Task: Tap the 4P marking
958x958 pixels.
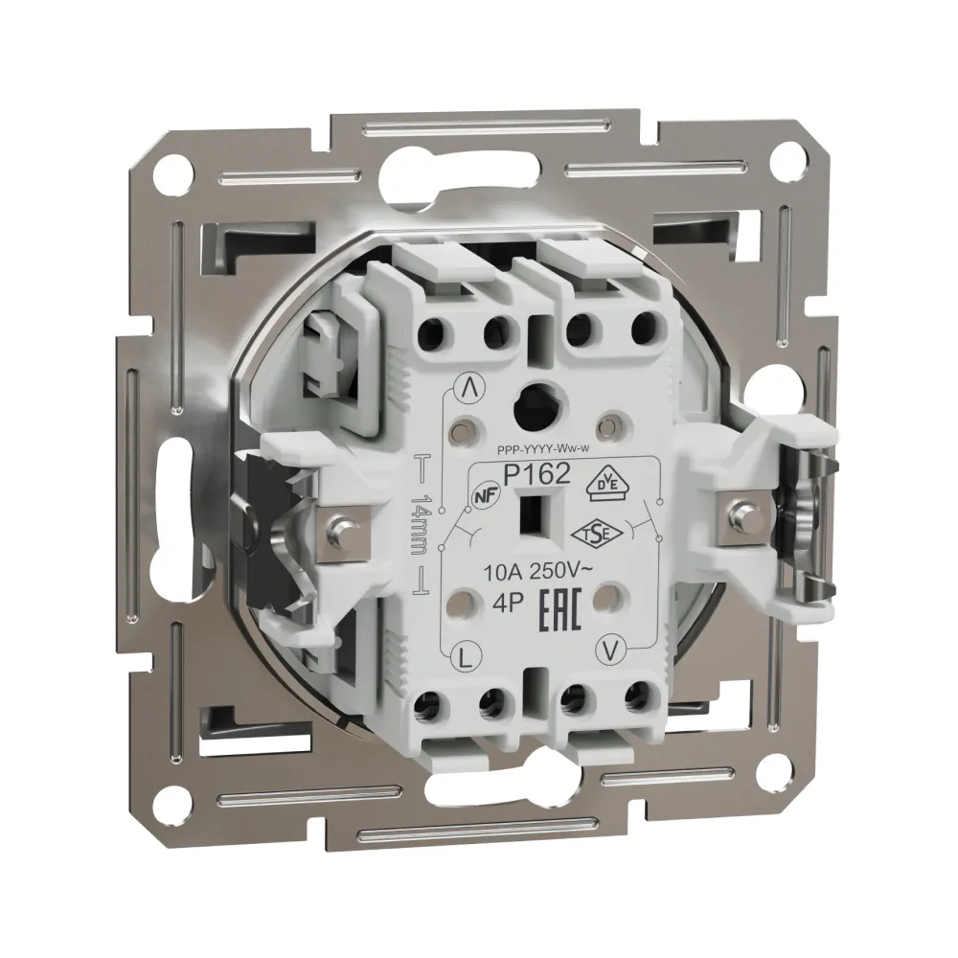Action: tap(504, 604)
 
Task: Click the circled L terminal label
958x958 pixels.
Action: tap(466, 658)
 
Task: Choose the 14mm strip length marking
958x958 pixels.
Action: tap(420, 524)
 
